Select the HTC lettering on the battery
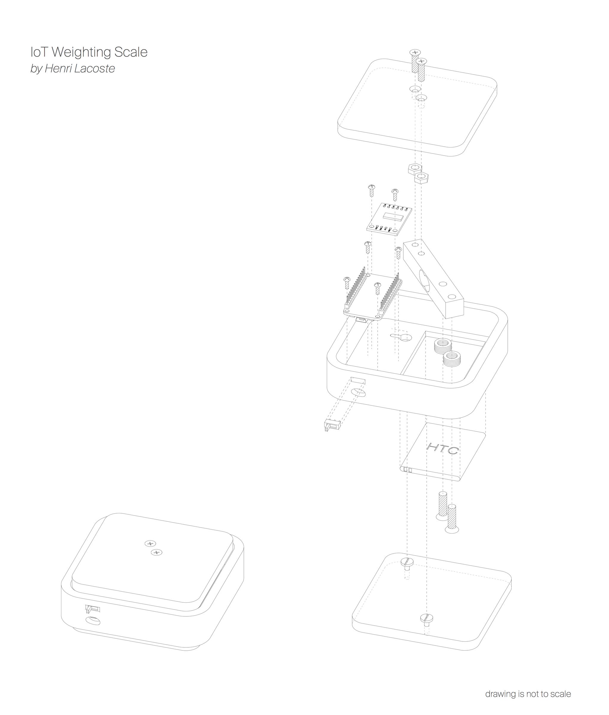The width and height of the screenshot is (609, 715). tap(443, 449)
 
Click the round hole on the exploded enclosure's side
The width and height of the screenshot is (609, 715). tap(359, 393)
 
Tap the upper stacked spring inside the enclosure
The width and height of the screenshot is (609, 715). tap(443, 346)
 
